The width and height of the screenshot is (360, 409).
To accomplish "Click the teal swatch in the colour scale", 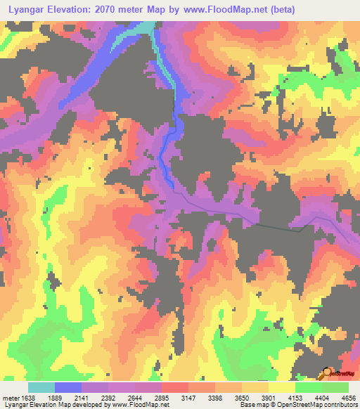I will tap(41, 387).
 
